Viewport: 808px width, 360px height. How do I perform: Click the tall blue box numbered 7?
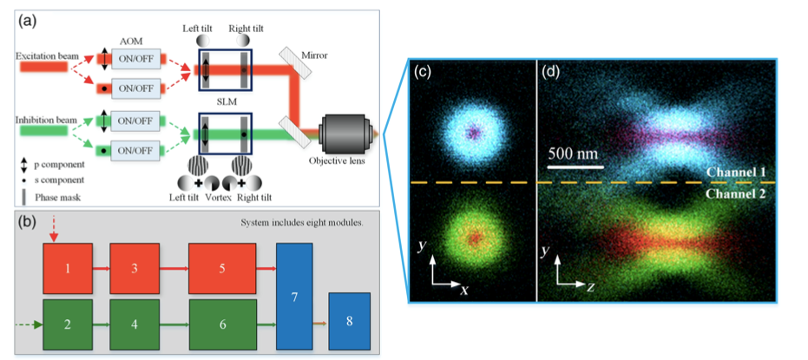(294, 297)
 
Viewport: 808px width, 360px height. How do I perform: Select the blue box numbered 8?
(350, 320)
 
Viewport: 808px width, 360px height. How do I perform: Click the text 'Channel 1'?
(736, 172)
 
